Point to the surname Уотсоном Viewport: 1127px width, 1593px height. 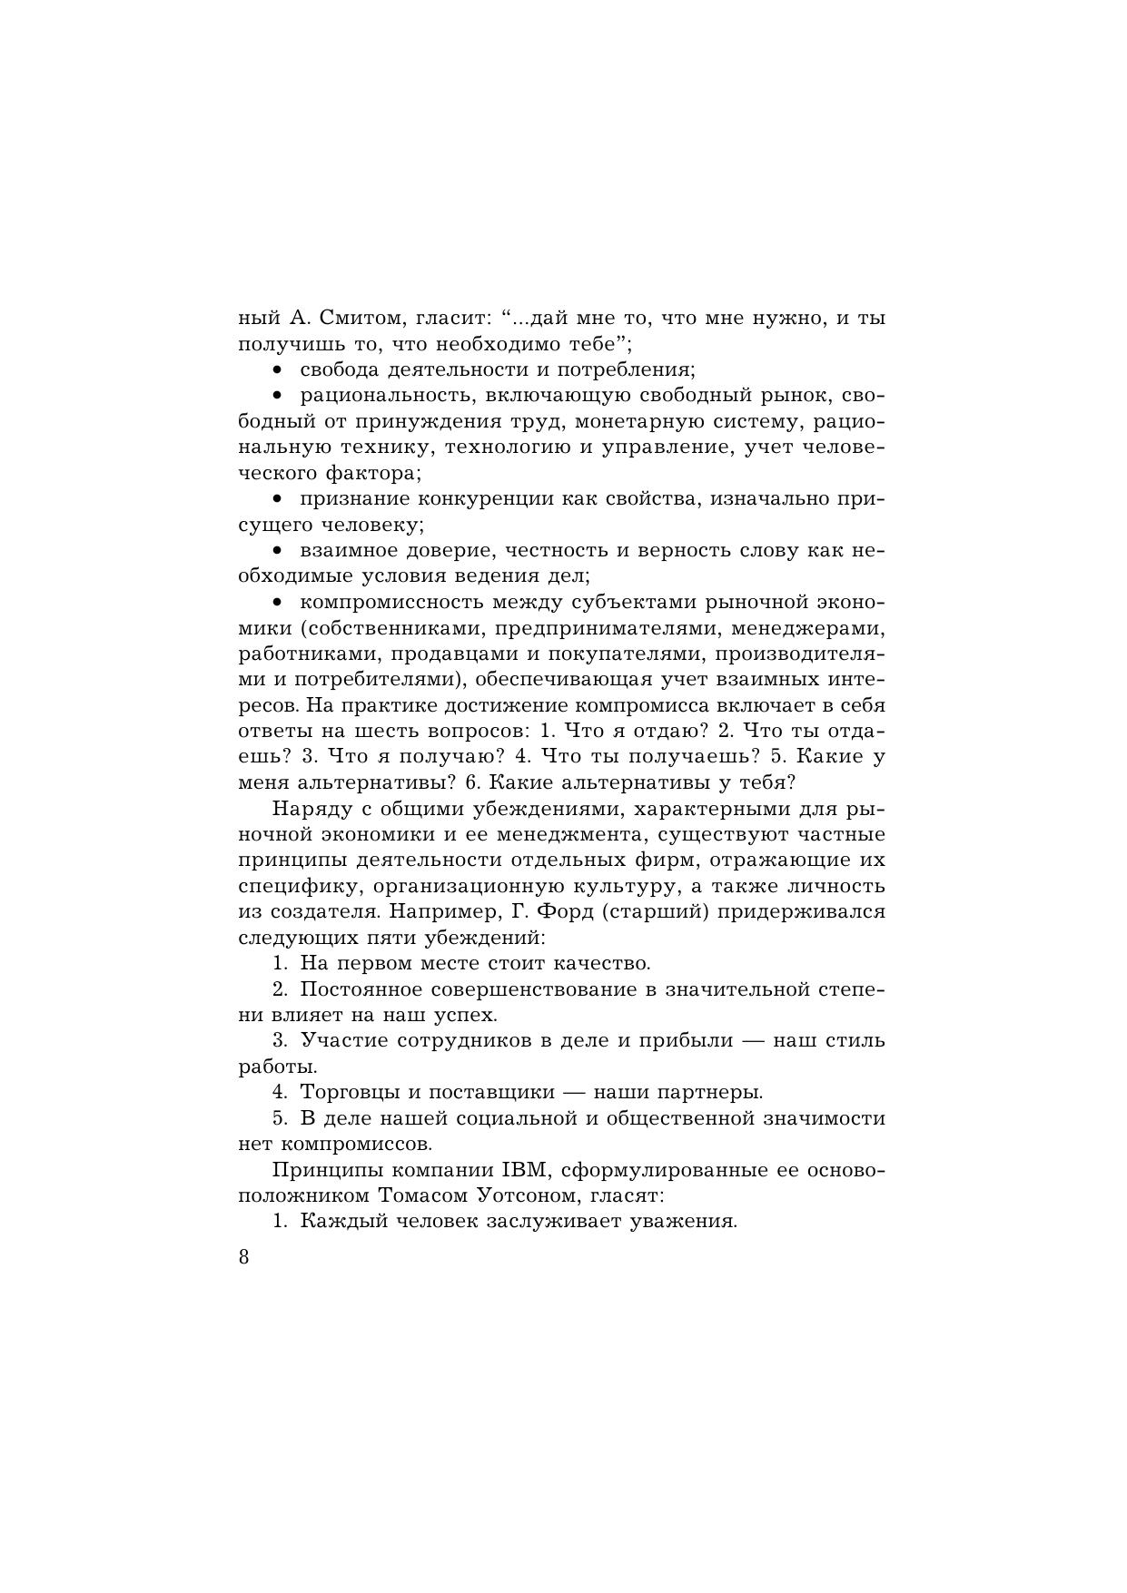[521, 1195]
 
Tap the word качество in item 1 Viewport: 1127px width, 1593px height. [607, 963]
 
